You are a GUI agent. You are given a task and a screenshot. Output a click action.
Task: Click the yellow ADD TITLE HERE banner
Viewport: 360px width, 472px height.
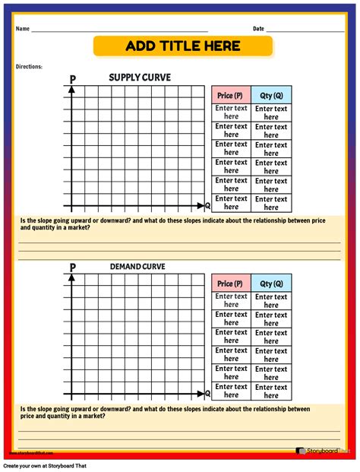coord(182,46)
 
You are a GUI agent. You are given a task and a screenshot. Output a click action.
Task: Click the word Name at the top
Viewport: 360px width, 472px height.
coord(22,29)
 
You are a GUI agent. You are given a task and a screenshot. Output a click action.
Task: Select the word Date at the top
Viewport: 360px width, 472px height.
coord(258,29)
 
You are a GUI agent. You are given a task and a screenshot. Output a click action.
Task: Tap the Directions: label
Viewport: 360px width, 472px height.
coord(29,67)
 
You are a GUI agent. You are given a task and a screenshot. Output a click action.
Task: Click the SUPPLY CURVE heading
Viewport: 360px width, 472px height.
coord(140,78)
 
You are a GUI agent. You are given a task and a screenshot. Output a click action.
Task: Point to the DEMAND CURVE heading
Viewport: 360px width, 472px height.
coord(137,267)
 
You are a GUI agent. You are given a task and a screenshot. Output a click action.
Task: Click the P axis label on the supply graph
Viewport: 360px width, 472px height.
coord(72,79)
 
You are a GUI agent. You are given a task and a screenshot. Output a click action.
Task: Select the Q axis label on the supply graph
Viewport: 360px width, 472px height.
coord(208,205)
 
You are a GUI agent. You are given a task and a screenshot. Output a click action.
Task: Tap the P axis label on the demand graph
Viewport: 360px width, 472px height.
coord(72,268)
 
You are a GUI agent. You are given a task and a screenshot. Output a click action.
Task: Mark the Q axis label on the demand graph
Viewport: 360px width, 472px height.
coord(208,394)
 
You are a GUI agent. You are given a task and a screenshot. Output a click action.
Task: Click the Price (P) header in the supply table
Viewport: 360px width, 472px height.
coord(231,95)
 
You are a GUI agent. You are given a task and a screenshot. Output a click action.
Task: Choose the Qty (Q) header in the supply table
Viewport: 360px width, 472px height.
coord(271,95)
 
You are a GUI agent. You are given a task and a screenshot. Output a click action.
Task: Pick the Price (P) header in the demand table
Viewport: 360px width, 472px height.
coord(231,284)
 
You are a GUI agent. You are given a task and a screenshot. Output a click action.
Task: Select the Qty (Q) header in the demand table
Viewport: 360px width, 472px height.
coord(271,284)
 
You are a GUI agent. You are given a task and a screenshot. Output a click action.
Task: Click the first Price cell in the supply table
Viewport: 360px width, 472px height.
coord(231,112)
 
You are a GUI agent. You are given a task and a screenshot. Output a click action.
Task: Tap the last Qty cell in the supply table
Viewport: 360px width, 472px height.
coord(271,202)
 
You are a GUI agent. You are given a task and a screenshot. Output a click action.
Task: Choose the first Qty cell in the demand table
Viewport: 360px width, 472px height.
coord(271,301)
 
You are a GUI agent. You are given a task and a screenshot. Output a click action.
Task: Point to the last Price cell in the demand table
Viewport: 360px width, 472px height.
coord(231,391)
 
